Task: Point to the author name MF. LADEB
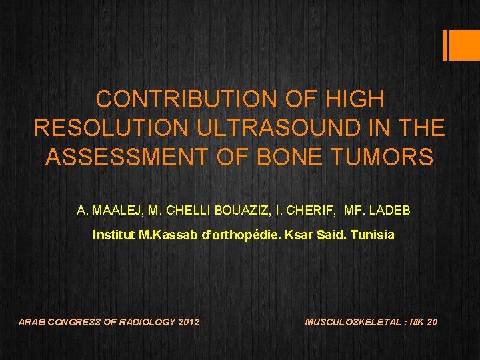tap(377, 211)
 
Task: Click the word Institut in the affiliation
tap(111, 235)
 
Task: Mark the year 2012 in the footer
tap(189, 322)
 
